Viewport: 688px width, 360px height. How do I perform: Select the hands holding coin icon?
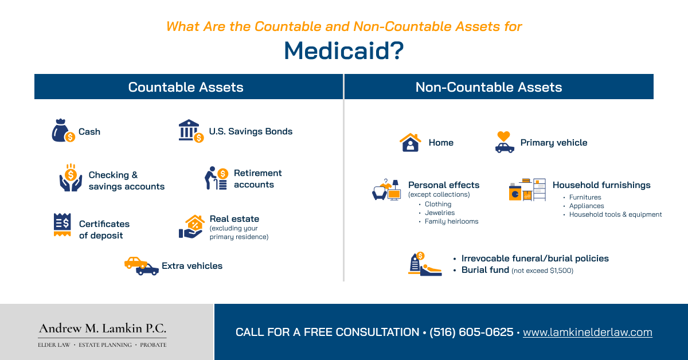(x=71, y=178)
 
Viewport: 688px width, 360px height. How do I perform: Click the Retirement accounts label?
(x=257, y=179)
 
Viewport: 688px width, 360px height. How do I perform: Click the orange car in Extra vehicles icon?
(x=135, y=262)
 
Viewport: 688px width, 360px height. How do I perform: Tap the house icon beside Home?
(x=411, y=142)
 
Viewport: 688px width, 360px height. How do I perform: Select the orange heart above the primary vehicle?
(x=503, y=136)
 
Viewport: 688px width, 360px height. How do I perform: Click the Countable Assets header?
(x=186, y=87)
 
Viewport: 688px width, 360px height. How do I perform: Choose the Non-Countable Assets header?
(x=488, y=87)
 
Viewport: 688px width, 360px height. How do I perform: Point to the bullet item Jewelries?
(x=440, y=213)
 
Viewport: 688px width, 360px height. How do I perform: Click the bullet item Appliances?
(x=587, y=206)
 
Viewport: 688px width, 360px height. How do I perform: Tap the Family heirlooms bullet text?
(x=451, y=221)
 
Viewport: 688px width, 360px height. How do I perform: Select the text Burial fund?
(x=485, y=270)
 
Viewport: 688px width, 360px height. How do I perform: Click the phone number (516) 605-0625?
(x=471, y=332)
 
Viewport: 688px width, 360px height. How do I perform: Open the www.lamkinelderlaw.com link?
(x=588, y=332)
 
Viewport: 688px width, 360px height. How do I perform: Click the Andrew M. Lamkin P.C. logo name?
(x=103, y=328)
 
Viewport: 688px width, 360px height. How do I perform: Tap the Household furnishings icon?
(x=527, y=190)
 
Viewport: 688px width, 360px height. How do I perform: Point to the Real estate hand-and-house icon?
(x=191, y=227)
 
